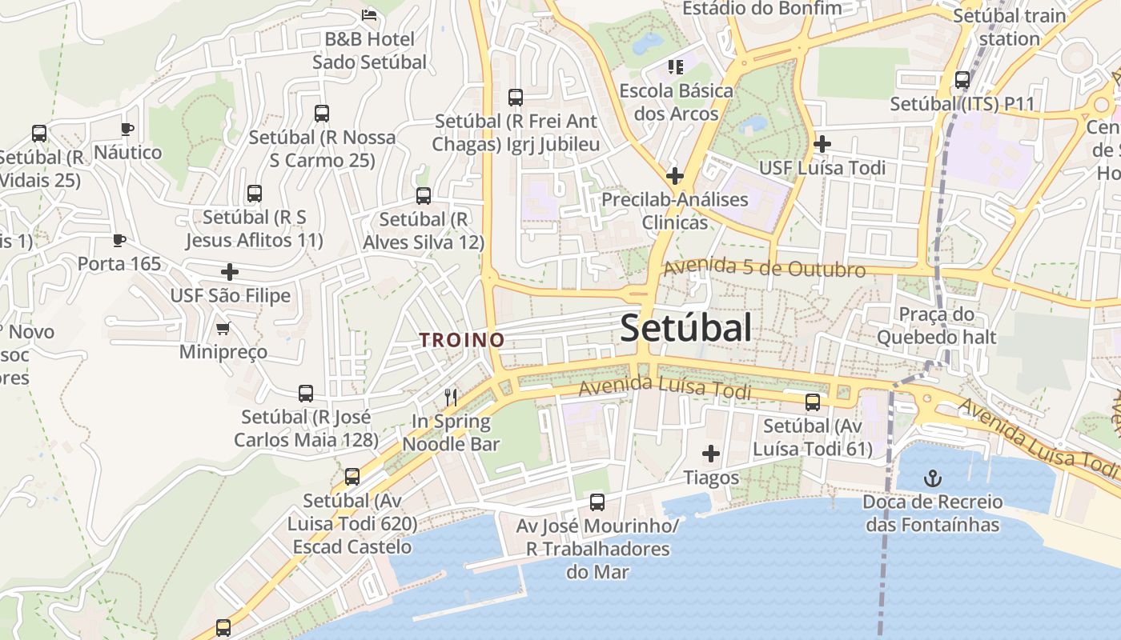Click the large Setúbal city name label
686,328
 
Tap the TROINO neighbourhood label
462,340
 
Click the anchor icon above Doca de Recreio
932,478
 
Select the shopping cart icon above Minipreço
223,328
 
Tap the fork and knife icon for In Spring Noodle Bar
452,397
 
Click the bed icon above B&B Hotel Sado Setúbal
369,14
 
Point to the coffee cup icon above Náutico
127,129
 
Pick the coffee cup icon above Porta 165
119,240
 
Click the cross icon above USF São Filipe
230,272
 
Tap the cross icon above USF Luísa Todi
822,144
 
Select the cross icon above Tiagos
710,454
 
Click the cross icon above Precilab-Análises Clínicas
675,175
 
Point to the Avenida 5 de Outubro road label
764,268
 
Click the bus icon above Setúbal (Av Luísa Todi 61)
813,402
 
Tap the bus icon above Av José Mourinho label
597,502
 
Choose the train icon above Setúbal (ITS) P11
962,80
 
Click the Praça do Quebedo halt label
936,326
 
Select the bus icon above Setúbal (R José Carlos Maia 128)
306,394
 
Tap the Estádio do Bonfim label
761,9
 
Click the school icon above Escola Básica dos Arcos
676,66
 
